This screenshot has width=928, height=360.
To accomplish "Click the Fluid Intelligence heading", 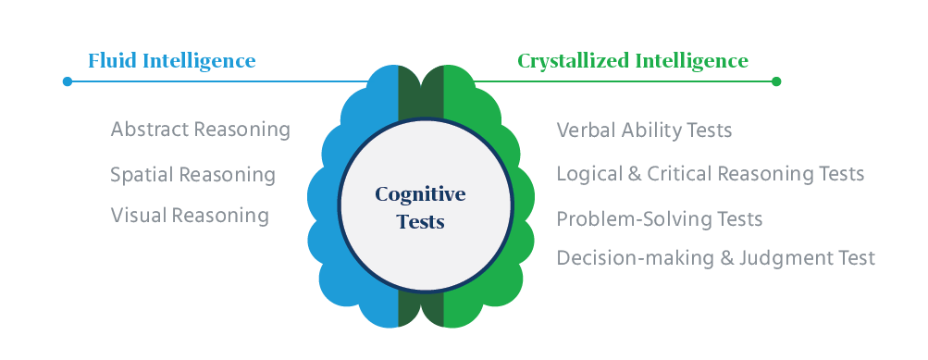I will pyautogui.click(x=171, y=61).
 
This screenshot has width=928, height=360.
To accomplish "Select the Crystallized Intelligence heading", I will pyautogui.click(x=632, y=61).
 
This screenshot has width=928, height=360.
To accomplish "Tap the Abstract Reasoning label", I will pyautogui.click(x=200, y=130).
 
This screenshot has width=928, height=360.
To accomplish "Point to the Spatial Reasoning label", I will pyautogui.click(x=192, y=174).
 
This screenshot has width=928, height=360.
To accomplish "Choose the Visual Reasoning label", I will pyautogui.click(x=190, y=216).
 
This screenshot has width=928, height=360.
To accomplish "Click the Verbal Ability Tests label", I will pyautogui.click(x=644, y=130).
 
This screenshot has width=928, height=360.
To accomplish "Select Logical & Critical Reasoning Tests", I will pyautogui.click(x=710, y=174).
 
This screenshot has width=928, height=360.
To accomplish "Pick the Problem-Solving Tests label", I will pyautogui.click(x=659, y=219).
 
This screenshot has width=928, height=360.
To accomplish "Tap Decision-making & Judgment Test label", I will pyautogui.click(x=715, y=257).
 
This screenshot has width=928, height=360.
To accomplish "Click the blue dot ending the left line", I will pyautogui.click(x=67, y=81).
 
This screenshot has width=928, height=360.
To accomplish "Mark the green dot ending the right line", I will pyautogui.click(x=776, y=81).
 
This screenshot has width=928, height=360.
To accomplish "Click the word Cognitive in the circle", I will pyautogui.click(x=420, y=194).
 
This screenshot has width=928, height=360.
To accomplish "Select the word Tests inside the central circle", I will pyautogui.click(x=420, y=222).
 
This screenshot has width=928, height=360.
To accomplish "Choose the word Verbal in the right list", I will pyautogui.click(x=584, y=130).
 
